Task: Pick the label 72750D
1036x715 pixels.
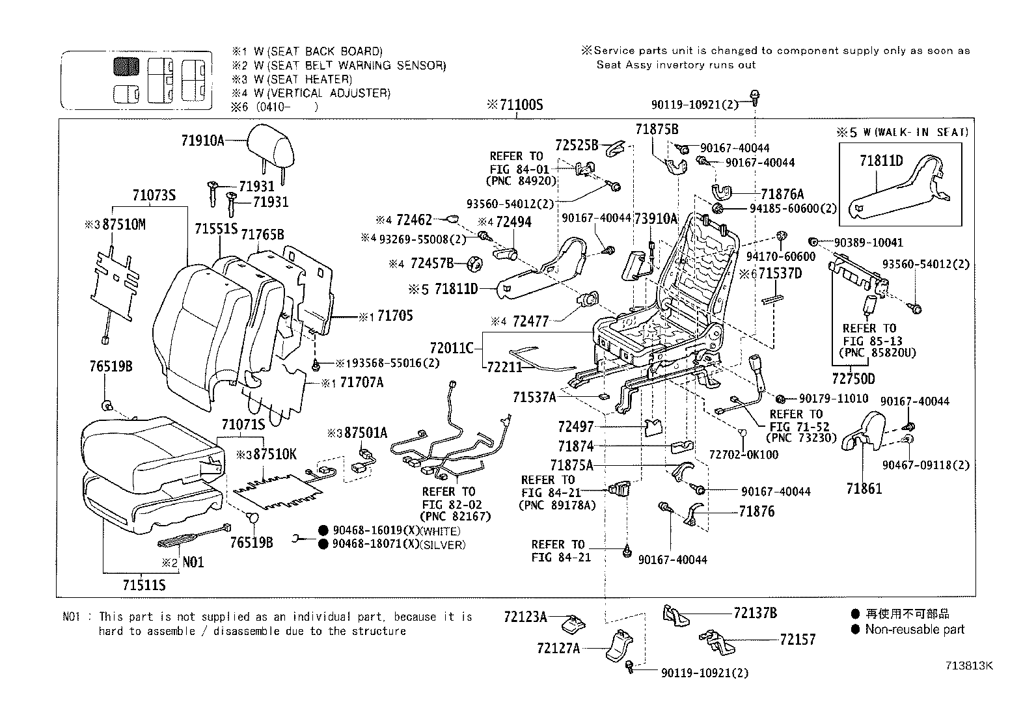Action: (853, 379)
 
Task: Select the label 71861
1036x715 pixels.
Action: (864, 489)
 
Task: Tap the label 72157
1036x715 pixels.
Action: (797, 640)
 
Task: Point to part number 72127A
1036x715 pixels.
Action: (558, 648)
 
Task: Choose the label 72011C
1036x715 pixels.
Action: (452, 348)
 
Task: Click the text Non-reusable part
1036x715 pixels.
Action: (914, 629)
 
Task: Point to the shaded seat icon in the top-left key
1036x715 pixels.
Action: (126, 67)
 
